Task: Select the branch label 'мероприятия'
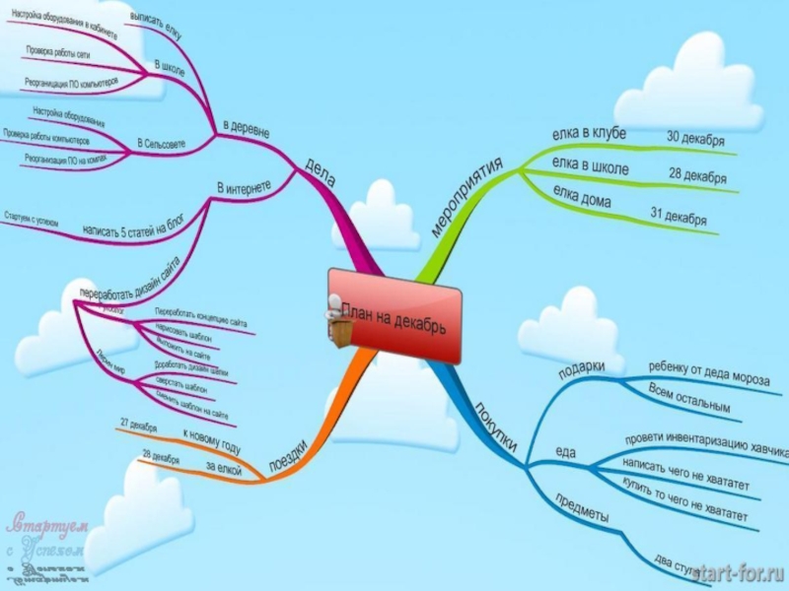coord(468,194)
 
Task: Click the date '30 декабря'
coord(696,137)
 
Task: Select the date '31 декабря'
coord(679,215)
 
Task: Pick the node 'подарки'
coord(581,367)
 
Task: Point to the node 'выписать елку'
coord(156,26)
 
